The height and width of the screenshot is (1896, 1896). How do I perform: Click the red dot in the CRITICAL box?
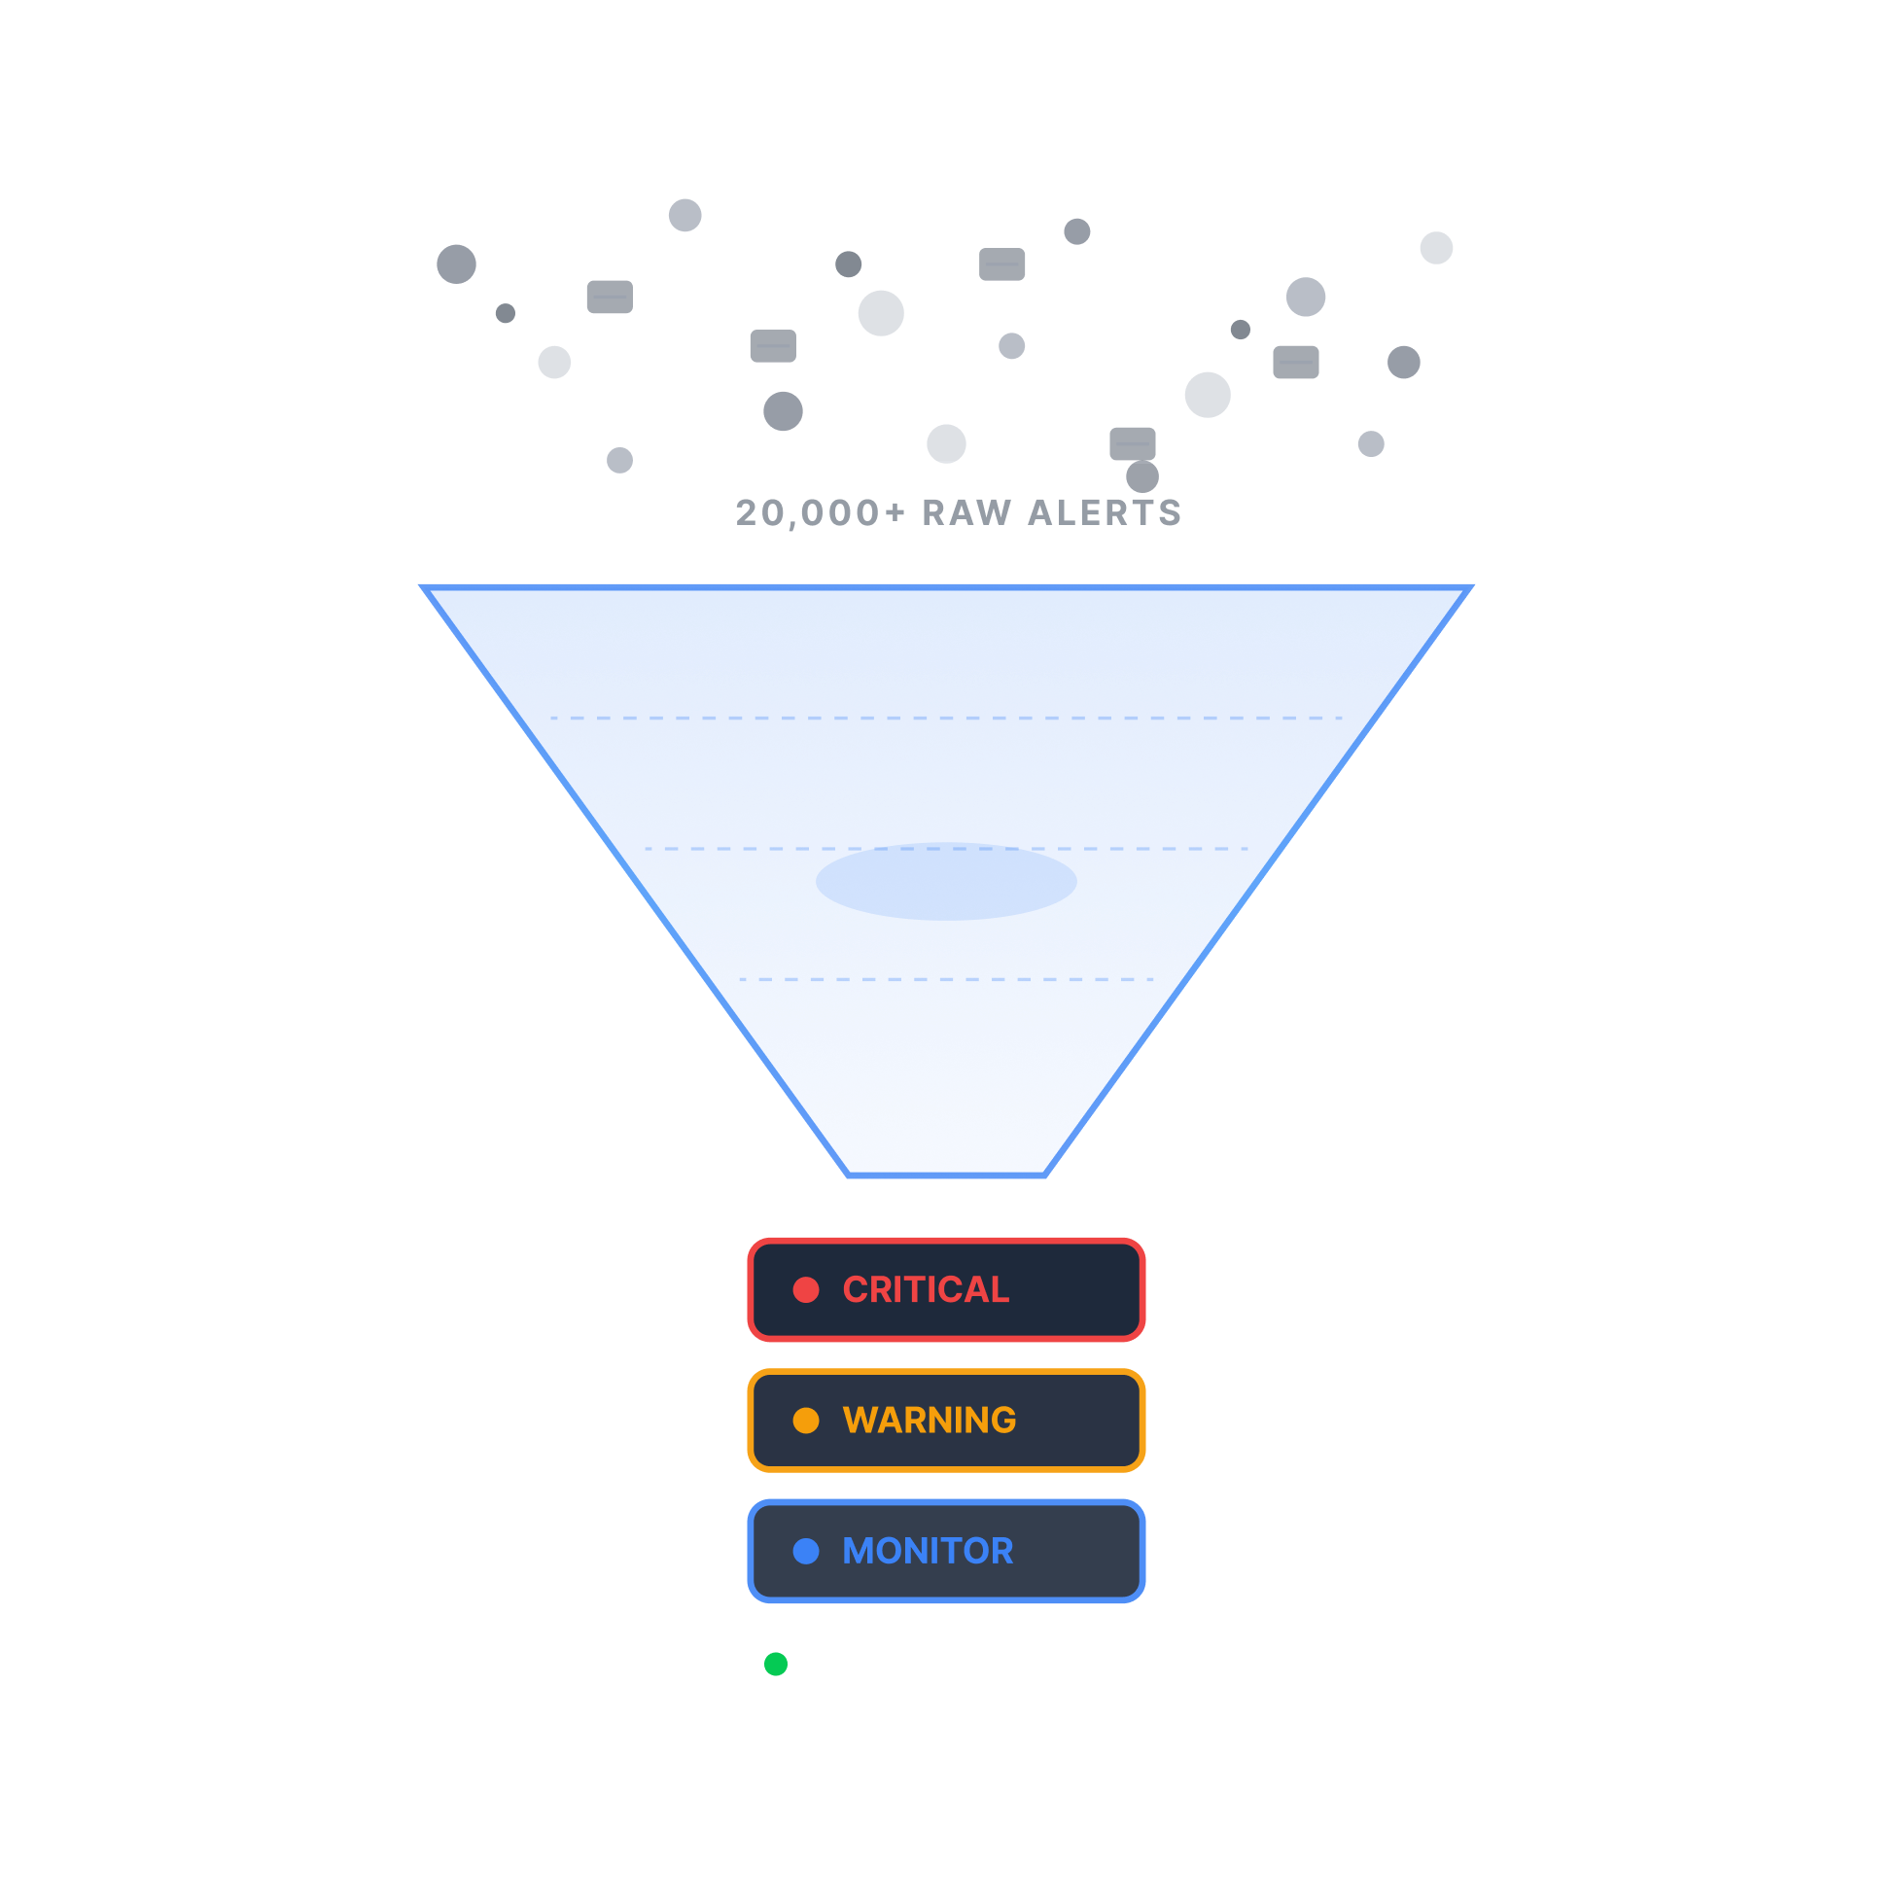(806, 1289)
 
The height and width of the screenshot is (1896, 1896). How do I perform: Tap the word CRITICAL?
(926, 1289)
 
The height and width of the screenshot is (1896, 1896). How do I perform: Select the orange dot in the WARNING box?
(806, 1420)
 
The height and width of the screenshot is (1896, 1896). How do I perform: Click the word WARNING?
(930, 1420)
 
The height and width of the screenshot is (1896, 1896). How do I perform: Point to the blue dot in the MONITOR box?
(806, 1551)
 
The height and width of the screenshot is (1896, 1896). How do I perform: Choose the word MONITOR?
(928, 1551)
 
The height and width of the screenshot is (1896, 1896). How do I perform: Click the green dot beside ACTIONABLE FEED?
(775, 1665)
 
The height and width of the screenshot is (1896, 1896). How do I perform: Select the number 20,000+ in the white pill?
(821, 512)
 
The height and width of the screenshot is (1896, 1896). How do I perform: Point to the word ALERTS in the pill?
(1104, 512)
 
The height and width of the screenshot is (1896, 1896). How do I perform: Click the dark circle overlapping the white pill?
(1142, 477)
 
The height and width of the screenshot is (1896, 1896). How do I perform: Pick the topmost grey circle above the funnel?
(685, 215)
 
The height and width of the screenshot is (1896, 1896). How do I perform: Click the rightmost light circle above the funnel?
(1436, 247)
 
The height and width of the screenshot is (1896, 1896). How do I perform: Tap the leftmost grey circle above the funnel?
(456, 264)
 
